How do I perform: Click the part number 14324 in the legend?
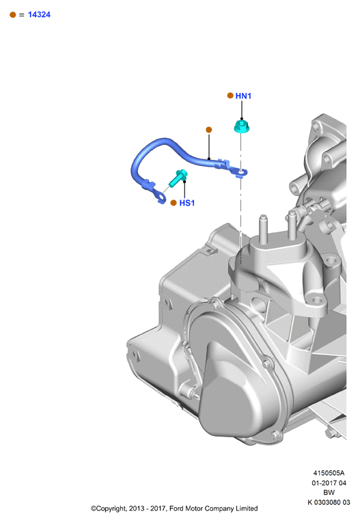39,14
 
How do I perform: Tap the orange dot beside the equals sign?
13,14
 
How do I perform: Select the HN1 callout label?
243,96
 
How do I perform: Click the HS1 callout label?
187,203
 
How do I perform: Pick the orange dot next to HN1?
230,96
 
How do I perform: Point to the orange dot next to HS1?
174,203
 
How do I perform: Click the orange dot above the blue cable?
208,130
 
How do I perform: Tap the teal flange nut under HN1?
242,127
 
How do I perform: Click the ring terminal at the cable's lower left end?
161,197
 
